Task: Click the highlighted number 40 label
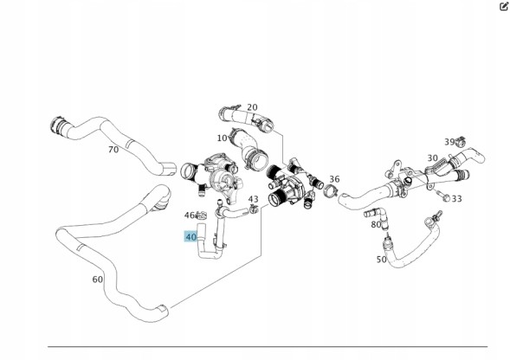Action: pos(190,236)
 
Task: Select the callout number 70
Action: pos(113,150)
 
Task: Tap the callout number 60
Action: pos(98,280)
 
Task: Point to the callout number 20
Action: pos(252,107)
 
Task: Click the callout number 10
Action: pos(222,138)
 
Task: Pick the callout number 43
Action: pos(253,199)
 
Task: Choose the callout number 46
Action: pos(190,215)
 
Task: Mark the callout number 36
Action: pos(334,179)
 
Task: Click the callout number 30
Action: pos(432,158)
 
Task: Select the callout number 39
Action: pos(449,142)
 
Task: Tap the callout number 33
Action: pos(456,198)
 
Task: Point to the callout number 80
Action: pos(376,224)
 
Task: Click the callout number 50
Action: pos(382,260)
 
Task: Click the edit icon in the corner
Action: pos(503,7)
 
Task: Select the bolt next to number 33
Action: pos(443,196)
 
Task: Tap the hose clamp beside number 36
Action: pos(331,190)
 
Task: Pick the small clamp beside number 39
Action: pos(461,141)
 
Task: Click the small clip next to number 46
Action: pos(201,215)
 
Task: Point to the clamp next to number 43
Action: pos(254,209)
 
